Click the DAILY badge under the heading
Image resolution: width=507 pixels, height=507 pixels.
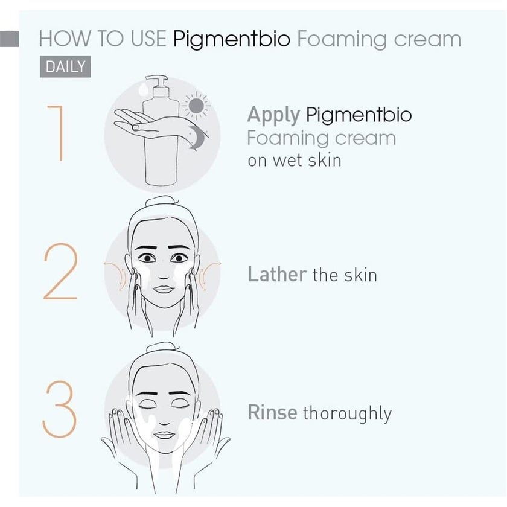pos(65,66)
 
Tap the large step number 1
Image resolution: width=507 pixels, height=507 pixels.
pos(55,133)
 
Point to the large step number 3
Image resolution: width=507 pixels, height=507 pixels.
pos(60,411)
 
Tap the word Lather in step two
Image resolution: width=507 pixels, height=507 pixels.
pos(277,275)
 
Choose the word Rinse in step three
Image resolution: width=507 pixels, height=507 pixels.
pos(272,413)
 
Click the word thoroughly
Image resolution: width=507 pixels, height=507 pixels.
pos(347,413)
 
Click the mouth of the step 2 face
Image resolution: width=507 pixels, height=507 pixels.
pos(163,288)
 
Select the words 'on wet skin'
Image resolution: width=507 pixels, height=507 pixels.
pos(294,161)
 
